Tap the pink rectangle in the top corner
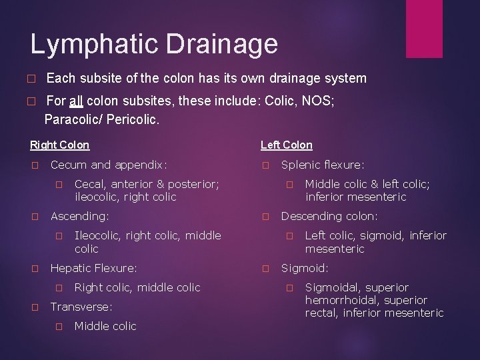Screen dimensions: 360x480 (x=424, y=28)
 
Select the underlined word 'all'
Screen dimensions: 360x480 (x=76, y=102)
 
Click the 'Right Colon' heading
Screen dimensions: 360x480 (x=59, y=145)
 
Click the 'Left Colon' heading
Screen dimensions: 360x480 (x=286, y=145)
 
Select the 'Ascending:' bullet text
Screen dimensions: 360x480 (x=80, y=216)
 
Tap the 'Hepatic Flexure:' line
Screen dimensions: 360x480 (x=94, y=268)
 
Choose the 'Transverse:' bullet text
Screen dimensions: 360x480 (x=81, y=307)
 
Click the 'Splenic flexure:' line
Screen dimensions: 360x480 (x=323, y=165)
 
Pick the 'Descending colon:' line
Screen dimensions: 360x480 (x=329, y=216)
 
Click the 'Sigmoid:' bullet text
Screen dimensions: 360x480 (x=305, y=268)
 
